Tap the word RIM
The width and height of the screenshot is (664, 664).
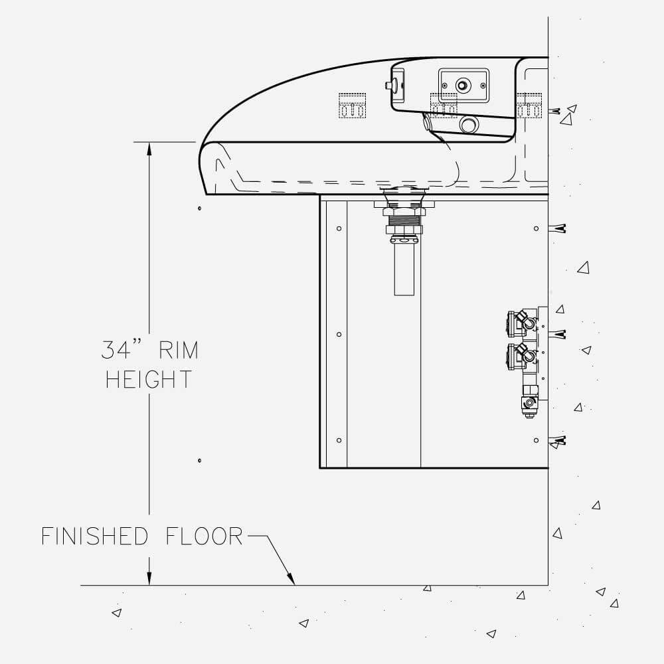coord(178,350)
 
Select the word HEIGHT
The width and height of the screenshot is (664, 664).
coord(149,379)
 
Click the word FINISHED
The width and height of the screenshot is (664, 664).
coord(94,536)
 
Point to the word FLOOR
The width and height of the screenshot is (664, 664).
coord(204,536)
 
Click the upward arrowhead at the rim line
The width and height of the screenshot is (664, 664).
coord(149,150)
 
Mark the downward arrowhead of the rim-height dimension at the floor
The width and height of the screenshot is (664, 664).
coord(149,578)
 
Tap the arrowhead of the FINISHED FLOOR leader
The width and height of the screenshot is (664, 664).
coord(291,578)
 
